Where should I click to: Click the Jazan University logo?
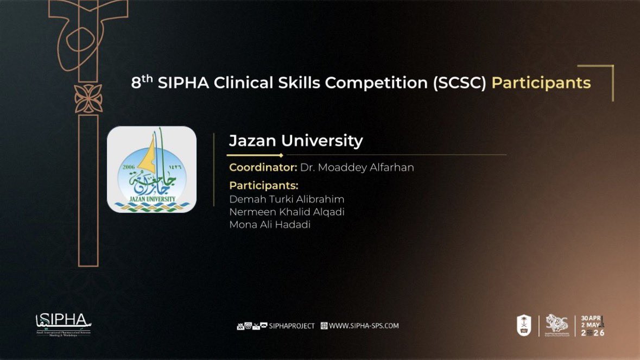151,169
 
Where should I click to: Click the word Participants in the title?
541,83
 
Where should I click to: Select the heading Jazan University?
296,141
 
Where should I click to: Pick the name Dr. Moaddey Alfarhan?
357,167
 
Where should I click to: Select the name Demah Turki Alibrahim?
287,199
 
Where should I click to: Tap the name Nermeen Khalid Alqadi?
287,212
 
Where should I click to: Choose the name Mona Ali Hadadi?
270,225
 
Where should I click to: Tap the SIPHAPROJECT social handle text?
292,326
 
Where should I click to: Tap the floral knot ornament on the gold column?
88,99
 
